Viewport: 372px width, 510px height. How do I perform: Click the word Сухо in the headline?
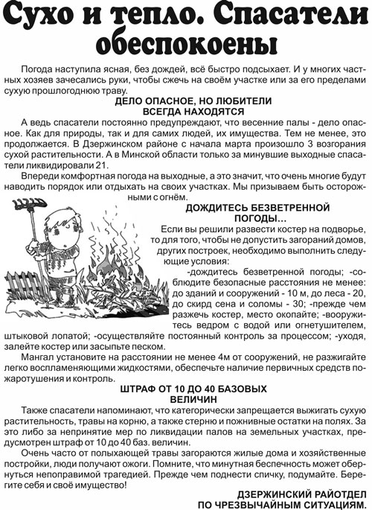click(x=39, y=16)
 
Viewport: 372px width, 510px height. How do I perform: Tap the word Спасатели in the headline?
click(x=291, y=16)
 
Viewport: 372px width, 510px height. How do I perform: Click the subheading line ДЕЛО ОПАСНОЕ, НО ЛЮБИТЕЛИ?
click(x=186, y=99)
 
